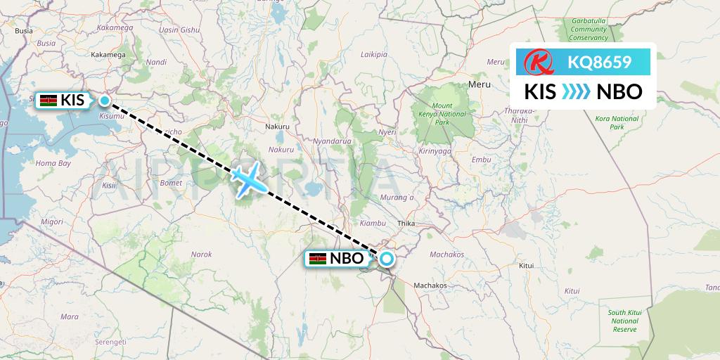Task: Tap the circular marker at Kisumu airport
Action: (105, 101)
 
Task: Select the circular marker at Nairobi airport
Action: (386, 259)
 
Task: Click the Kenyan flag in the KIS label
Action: (49, 101)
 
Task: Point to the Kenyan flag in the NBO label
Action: (318, 259)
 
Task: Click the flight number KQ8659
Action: (599, 63)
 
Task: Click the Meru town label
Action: (478, 84)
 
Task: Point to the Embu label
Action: (482, 160)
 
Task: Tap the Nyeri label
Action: (387, 131)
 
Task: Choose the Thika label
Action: (407, 223)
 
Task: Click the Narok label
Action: (202, 254)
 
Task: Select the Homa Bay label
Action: (54, 163)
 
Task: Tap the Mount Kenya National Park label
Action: (443, 114)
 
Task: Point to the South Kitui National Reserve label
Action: (624, 320)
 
